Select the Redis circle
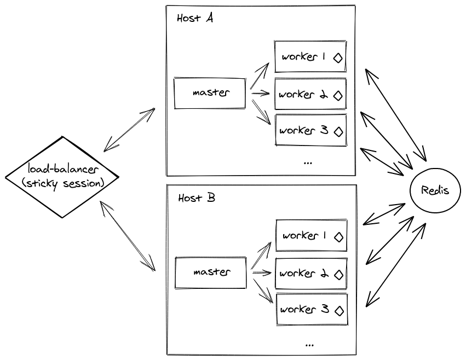pos(435,190)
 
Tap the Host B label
pos(196,198)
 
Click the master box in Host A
pos(210,93)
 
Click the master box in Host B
pos(210,272)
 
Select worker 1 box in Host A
pos(310,57)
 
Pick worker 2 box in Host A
pos(310,95)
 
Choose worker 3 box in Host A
pos(310,131)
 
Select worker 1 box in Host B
pos(312,236)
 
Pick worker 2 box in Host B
pos(312,273)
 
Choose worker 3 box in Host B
pos(312,310)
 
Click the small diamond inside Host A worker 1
pos(338,58)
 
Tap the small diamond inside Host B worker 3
pos(339,311)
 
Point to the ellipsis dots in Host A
pos(307,162)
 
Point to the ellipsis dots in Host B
pos(309,345)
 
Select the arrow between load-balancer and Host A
pos(130,130)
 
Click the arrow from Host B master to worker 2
pos(262,272)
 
